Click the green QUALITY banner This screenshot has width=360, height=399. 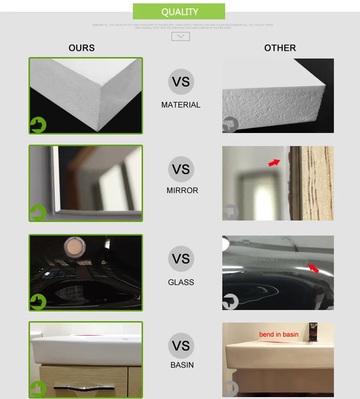point(179,12)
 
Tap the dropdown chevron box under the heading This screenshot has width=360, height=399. point(181,36)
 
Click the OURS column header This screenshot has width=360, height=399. point(82,48)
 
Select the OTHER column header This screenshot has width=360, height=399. point(280,48)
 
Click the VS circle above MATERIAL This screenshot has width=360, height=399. point(181,81)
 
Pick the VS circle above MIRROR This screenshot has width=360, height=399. point(181,169)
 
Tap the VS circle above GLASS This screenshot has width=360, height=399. point(181,259)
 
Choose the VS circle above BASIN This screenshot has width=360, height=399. point(181,346)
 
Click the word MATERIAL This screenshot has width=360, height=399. point(181,105)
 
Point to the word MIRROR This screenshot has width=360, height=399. point(182,191)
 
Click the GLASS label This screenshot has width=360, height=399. point(181,282)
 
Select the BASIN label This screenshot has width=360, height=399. point(182,365)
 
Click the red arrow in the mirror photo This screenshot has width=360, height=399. point(274,163)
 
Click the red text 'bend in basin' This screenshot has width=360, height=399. point(279,334)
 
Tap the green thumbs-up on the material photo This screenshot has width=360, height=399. point(38,125)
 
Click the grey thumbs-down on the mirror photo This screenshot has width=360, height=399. point(230,212)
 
